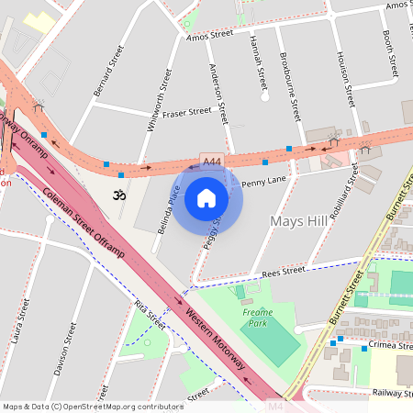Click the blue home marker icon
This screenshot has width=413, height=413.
206,197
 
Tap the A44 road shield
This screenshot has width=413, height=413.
212,162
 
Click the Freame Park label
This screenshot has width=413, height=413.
257,317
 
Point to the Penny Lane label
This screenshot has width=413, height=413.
264,182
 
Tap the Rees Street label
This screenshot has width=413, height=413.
282,271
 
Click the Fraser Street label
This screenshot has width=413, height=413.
186,112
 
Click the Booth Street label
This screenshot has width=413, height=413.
391,53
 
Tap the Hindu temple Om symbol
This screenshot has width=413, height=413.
117,195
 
